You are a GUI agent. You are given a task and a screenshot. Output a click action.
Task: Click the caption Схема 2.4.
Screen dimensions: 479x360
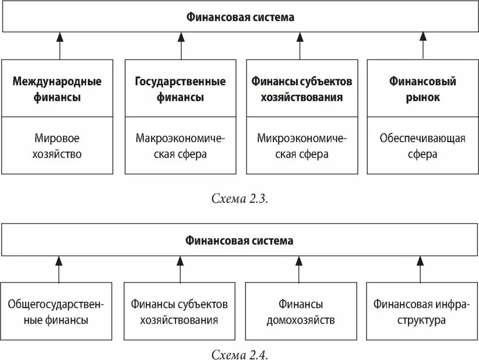click(239, 353)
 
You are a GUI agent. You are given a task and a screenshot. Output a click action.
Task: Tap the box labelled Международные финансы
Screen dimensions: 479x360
click(57, 89)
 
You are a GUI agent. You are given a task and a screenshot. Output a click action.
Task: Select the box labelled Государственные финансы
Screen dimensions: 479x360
click(180, 89)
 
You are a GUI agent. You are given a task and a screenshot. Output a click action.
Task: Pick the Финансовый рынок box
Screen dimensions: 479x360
click(422, 89)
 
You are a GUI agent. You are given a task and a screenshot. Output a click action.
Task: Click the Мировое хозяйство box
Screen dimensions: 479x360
click(57, 146)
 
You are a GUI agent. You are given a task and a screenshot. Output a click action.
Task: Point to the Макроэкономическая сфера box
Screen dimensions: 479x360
click(180, 146)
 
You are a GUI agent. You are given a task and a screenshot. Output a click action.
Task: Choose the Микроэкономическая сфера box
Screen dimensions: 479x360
click(302, 146)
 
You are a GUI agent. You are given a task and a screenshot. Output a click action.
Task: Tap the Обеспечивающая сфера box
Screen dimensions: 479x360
click(422, 146)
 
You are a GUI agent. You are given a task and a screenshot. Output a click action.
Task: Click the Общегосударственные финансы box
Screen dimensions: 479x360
click(57, 312)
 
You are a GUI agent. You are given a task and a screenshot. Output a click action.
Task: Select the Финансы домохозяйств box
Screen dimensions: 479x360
click(301, 312)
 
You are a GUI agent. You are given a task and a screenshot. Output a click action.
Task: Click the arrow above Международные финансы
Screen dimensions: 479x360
click(60, 45)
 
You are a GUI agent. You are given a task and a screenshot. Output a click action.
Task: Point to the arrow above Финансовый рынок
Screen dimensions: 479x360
click(423, 45)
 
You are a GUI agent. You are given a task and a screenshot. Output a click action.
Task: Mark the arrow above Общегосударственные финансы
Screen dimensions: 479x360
click(59, 269)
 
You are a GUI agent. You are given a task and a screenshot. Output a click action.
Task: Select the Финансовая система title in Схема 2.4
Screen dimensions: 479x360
click(239, 241)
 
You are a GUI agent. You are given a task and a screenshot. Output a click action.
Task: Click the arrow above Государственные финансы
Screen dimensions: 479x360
click(181, 45)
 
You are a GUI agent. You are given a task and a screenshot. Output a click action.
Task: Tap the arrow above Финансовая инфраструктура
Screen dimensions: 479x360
click(420, 269)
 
